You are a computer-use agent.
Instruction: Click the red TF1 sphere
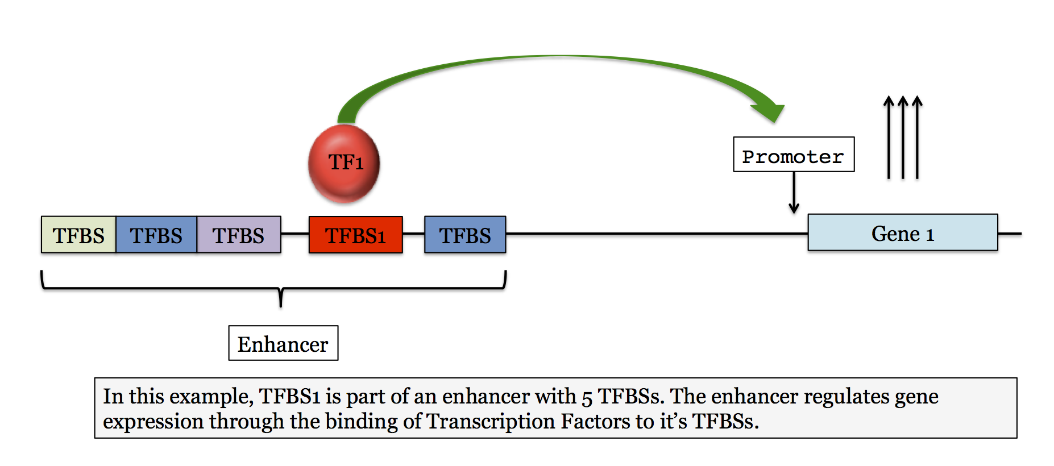(344, 164)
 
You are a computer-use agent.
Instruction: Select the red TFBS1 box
(355, 235)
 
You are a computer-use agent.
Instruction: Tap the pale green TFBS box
(78, 235)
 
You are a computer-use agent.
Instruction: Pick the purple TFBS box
(239, 235)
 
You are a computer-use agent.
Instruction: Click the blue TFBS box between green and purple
(156, 235)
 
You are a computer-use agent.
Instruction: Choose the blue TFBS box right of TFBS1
(465, 235)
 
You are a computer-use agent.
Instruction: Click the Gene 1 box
(902, 232)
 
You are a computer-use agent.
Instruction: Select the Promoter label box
(794, 155)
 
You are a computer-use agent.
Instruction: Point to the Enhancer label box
(283, 343)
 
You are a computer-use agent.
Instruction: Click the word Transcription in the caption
(491, 422)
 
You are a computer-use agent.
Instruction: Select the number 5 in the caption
(587, 397)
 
